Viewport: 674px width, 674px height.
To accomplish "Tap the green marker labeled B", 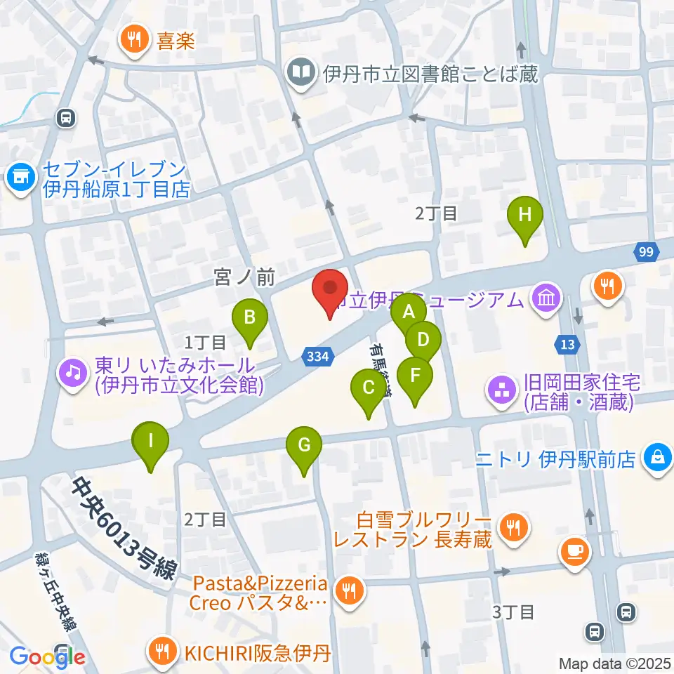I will tap(249, 319).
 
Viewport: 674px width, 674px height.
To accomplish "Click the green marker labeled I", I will tap(151, 443).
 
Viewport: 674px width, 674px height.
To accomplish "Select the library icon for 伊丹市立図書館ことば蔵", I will tap(302, 73).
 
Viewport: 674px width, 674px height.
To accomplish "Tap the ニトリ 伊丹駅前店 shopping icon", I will tap(657, 458).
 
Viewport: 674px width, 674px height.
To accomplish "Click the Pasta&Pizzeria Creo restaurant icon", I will tap(349, 593).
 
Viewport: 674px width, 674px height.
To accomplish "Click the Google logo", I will tap(48, 656).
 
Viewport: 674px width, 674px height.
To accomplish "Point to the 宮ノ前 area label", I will tap(244, 279).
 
